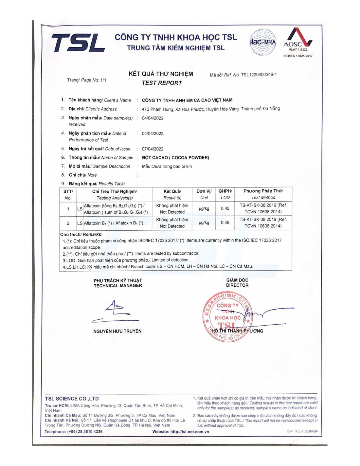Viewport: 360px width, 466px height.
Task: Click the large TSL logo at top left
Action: point(78,43)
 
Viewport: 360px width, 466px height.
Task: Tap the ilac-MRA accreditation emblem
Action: point(263,43)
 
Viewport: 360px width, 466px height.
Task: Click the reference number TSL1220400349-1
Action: point(259,75)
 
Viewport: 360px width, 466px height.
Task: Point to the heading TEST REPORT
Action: point(162,83)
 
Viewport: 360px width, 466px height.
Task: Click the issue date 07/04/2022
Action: point(153,149)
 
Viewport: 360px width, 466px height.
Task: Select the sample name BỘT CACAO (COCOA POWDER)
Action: point(175,158)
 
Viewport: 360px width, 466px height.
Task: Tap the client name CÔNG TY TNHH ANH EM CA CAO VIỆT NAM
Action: point(187,100)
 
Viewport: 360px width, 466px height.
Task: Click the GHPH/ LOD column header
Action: point(225,194)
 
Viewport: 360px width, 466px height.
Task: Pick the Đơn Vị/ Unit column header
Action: point(204,194)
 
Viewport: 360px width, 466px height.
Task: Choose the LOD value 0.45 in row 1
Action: point(225,208)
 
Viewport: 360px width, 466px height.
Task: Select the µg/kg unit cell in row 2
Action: point(204,223)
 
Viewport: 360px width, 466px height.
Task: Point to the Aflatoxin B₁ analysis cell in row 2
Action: point(113,223)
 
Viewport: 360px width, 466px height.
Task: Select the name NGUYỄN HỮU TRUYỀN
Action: point(117,331)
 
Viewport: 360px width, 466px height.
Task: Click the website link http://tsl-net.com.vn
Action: point(189,432)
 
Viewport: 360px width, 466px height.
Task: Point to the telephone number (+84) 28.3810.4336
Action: point(85,432)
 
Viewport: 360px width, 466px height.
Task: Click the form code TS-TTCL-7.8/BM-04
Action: point(301,431)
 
